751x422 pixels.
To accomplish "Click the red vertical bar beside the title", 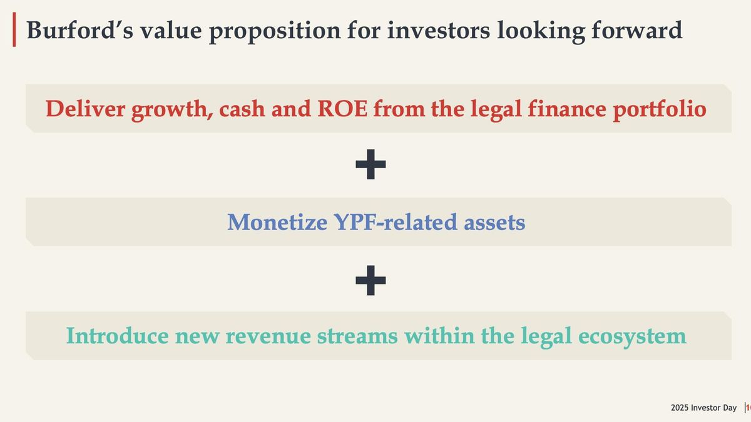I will (x=14, y=31).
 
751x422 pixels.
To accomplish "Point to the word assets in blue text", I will (x=495, y=222).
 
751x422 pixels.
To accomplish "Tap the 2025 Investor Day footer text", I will (x=703, y=408).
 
